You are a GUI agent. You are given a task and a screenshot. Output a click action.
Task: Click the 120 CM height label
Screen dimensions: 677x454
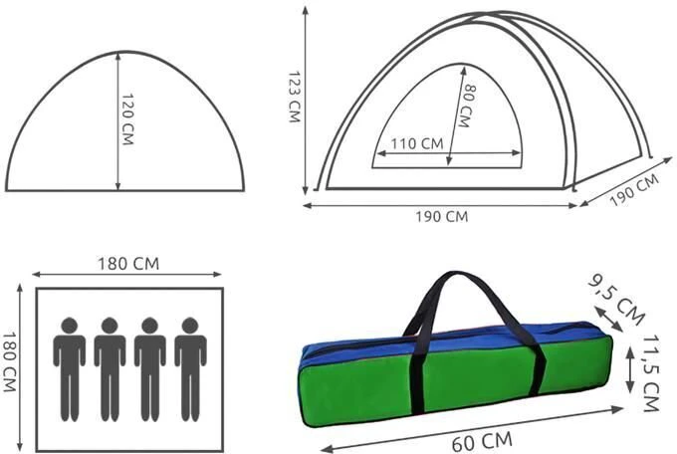coord(128,119)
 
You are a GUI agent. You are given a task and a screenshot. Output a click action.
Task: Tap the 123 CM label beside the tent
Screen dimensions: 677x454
coord(294,97)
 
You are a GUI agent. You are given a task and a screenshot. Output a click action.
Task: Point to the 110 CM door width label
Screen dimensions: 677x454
coord(417,143)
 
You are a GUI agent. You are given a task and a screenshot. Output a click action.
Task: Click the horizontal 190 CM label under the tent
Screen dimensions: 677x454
coord(442,216)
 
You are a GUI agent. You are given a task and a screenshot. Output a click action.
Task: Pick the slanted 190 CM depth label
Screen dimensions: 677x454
coord(634,190)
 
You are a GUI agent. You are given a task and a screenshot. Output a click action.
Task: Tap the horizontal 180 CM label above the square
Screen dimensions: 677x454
coord(128,264)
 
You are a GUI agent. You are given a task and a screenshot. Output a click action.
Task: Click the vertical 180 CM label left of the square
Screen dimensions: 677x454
coord(10,362)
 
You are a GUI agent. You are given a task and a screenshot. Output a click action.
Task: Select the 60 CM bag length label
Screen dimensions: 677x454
coord(482,441)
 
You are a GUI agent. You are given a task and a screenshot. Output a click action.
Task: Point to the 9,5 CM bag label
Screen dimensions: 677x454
coord(616,300)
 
